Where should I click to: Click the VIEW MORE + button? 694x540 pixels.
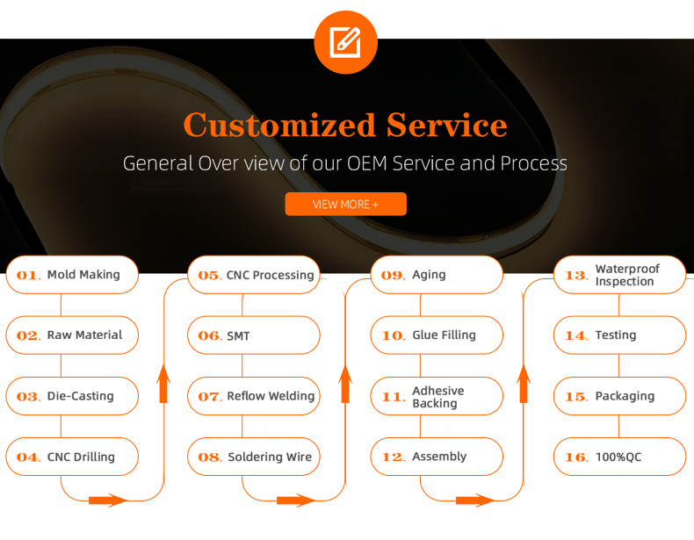pyautogui.click(x=345, y=204)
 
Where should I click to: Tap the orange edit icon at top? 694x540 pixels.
pyautogui.click(x=345, y=41)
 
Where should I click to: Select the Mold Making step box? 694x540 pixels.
pyautogui.click(x=72, y=275)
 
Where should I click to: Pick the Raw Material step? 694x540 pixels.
pyautogui.click(x=72, y=335)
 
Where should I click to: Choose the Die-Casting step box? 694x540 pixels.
pyautogui.click(x=72, y=396)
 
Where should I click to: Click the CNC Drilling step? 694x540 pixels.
pyautogui.click(x=72, y=457)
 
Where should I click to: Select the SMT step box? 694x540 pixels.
pyautogui.click(x=254, y=335)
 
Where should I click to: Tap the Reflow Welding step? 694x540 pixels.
pyautogui.click(x=254, y=396)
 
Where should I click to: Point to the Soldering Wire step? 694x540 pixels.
pyautogui.click(x=254, y=457)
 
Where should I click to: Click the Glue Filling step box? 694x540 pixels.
pyautogui.click(x=437, y=335)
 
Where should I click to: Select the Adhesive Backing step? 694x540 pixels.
pyautogui.click(x=437, y=397)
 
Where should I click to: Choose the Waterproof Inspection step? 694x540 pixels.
pyautogui.click(x=619, y=275)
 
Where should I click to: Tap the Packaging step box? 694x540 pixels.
pyautogui.click(x=619, y=396)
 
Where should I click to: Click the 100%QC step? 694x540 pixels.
pyautogui.click(x=619, y=457)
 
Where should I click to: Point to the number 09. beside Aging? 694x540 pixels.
pyautogui.click(x=392, y=276)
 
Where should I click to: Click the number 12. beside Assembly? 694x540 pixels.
pyautogui.click(x=392, y=457)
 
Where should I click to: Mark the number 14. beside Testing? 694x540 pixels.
pyautogui.click(x=575, y=336)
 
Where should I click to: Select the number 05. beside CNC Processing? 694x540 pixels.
pyautogui.click(x=209, y=276)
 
